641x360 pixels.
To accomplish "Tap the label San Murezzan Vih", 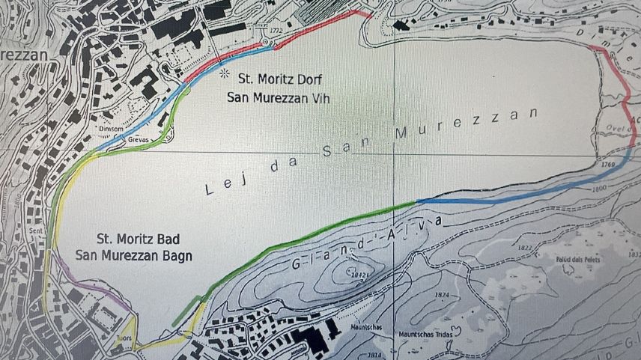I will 279,97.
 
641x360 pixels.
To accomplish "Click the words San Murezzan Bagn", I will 134,255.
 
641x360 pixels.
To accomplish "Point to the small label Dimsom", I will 109,128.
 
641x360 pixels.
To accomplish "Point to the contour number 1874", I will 440,295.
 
